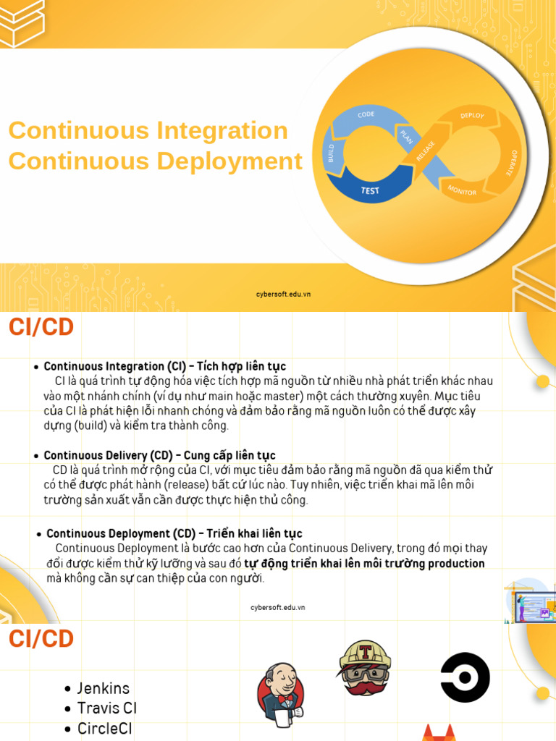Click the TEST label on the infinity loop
[370, 191]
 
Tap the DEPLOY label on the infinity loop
[472, 116]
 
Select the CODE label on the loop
[366, 114]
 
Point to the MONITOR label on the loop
[462, 190]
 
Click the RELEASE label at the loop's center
[425, 151]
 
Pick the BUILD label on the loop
[332, 152]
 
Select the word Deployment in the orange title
[229, 161]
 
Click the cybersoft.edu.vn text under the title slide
[284, 294]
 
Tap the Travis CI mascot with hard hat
[365, 668]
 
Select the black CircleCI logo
[465, 677]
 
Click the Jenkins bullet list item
[104, 688]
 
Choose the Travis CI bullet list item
[106, 708]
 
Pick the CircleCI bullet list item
[105, 729]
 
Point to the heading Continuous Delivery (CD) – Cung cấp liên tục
[159, 455]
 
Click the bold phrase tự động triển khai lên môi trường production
[364, 564]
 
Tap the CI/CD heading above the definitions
[41, 327]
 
